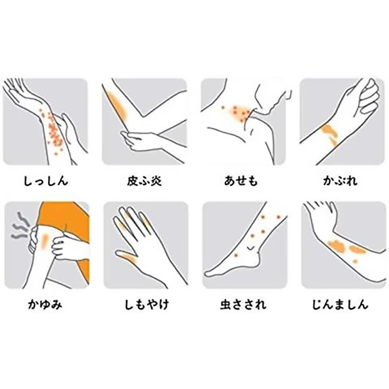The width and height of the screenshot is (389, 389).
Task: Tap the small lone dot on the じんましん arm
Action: tap(355, 261)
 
